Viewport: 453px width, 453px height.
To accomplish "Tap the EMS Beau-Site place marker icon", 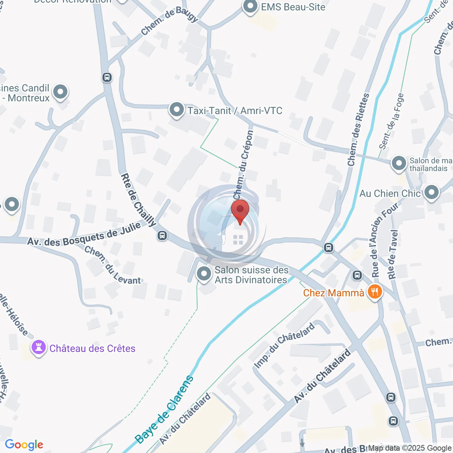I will point(250,7).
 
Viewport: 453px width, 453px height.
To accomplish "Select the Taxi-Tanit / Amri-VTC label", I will point(235,111).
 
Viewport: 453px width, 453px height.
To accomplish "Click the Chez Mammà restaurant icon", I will point(375,292).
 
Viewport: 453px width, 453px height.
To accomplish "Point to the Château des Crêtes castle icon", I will point(39,347).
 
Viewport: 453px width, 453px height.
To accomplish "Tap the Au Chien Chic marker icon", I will point(431,192).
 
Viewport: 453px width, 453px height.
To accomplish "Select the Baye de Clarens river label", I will point(164,409).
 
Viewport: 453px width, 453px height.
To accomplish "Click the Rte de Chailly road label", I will point(138,200).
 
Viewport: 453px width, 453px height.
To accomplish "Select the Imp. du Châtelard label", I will point(284,345).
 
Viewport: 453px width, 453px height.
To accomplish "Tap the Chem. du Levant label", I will point(113,265).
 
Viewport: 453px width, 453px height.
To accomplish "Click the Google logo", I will point(24,445).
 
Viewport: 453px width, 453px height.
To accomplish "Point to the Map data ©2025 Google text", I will point(410,448).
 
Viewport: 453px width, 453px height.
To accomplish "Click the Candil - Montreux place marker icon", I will point(60,92).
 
